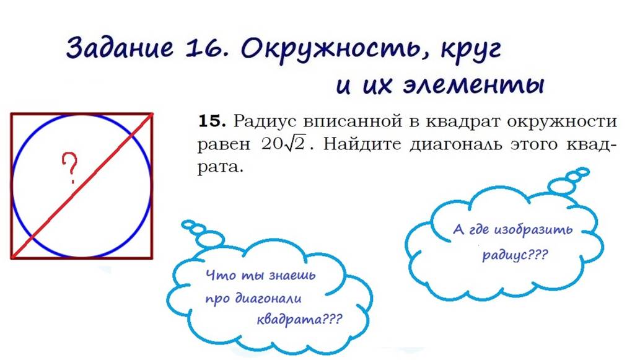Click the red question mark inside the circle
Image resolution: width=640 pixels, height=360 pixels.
(70, 169)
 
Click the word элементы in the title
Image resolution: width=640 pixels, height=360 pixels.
(481, 84)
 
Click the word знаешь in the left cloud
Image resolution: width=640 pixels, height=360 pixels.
(289, 276)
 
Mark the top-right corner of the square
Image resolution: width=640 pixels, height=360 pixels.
(152, 114)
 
